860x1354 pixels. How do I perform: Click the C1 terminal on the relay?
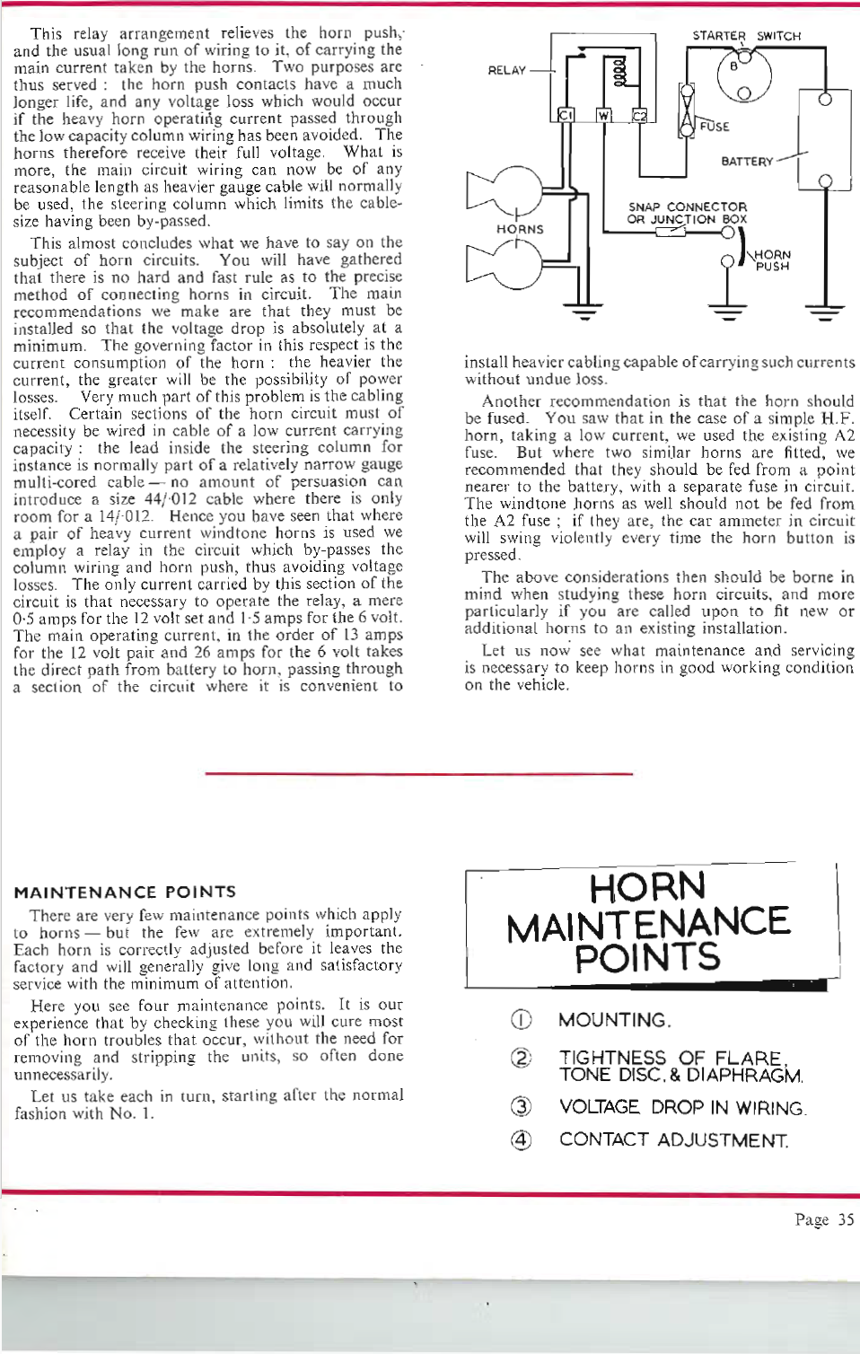566,115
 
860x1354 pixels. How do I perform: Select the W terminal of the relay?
603,116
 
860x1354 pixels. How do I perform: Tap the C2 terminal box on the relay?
639,116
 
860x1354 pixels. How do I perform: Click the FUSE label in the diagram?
715,127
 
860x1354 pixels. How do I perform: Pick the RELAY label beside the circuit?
507,70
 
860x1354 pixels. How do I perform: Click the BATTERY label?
747,162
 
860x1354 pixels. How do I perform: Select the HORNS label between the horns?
520,229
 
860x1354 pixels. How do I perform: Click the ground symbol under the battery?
825,313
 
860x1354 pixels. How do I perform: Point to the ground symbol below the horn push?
727,313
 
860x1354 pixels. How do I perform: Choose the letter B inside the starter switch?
733,66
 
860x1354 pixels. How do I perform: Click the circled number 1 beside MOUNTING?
521,1020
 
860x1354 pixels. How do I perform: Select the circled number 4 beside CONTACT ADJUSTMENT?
521,1140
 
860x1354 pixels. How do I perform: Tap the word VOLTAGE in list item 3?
599,1107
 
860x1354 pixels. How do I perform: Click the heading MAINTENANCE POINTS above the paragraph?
125,892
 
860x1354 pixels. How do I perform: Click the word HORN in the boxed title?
647,887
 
